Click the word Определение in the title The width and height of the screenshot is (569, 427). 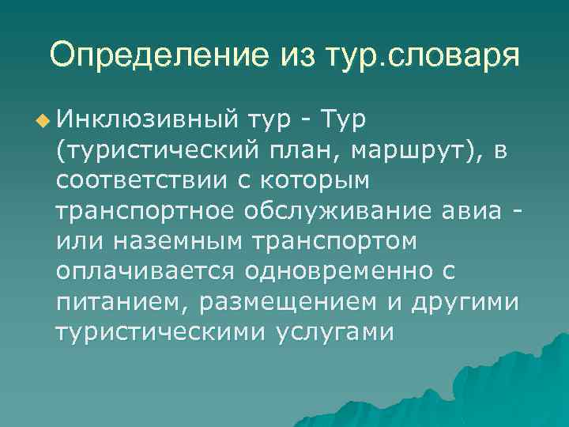point(149,55)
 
